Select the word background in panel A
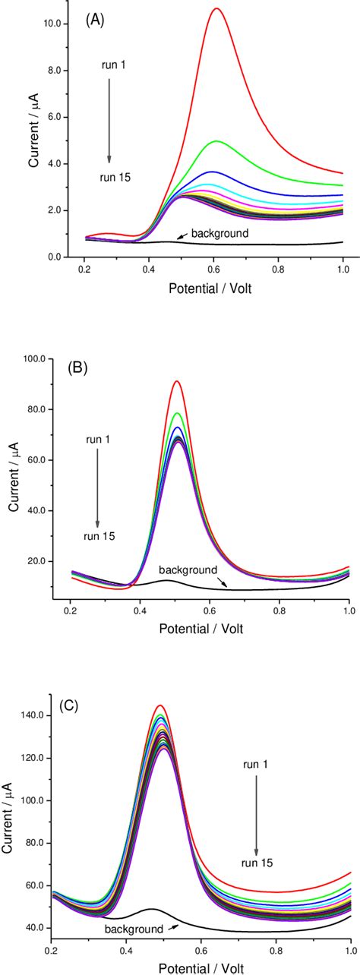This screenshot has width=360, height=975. (x=219, y=232)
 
